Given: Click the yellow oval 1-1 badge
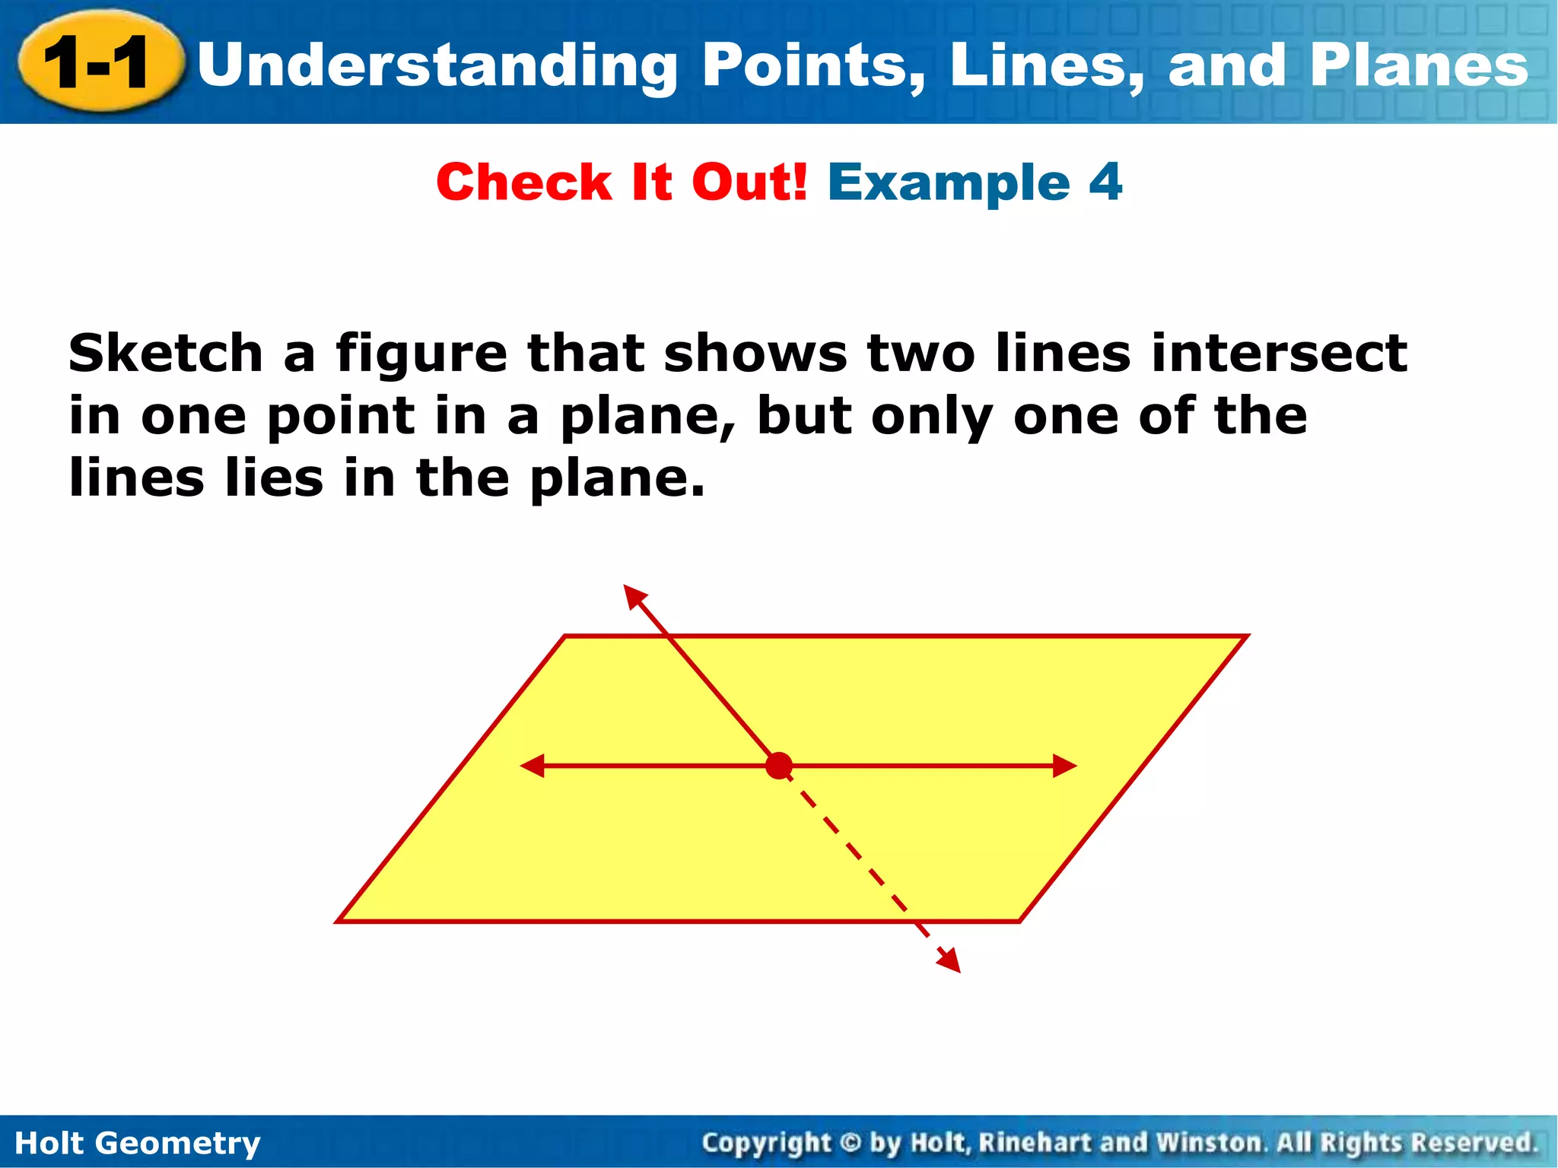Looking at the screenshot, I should (x=99, y=64).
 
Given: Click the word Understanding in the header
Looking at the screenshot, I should (x=437, y=67).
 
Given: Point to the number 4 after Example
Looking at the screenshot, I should (x=1105, y=182).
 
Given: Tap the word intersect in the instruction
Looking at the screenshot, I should (x=1279, y=353).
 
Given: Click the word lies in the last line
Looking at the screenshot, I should (x=273, y=478).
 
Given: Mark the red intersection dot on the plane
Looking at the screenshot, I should (x=779, y=766).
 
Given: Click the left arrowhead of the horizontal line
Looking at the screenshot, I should (x=532, y=766).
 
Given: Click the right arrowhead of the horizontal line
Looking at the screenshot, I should (x=1066, y=766).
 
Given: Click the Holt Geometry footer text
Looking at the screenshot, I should (x=138, y=1143).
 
